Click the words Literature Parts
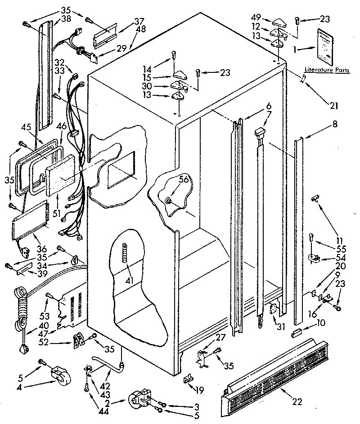(324, 70)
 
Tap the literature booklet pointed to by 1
(326, 47)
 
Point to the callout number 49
(256, 18)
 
